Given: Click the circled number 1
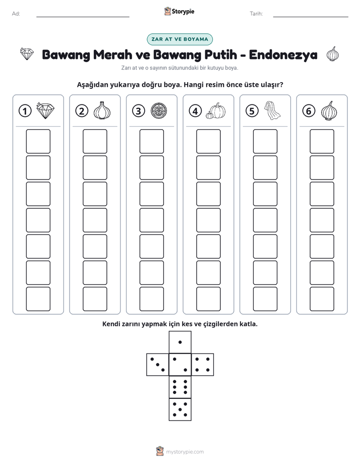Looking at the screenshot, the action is (25, 111).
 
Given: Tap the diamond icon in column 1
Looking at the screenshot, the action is (45, 110).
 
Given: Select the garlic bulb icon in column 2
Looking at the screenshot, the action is (102, 110).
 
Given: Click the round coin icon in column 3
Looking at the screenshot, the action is (159, 111).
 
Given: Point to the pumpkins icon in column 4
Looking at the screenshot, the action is (216, 111).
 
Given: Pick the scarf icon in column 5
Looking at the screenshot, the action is (272, 110).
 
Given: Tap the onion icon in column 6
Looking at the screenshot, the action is (329, 111).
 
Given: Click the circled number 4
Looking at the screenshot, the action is (195, 111).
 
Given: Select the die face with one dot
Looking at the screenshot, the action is (180, 342).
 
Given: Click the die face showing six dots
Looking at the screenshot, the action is (180, 387).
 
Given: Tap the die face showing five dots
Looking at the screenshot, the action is (180, 410).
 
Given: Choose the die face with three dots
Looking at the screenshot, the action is (158, 365).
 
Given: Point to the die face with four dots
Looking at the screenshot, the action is (203, 365).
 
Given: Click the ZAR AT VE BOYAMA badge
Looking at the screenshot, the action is (179, 39).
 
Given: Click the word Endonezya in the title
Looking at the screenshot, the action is (283, 54).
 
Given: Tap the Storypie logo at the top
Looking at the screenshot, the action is (179, 12).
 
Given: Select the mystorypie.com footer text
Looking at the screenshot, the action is (185, 452).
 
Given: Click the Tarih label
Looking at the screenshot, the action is (256, 14).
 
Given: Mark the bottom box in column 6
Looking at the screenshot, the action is (322, 299).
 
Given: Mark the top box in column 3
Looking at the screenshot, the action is (151, 141).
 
